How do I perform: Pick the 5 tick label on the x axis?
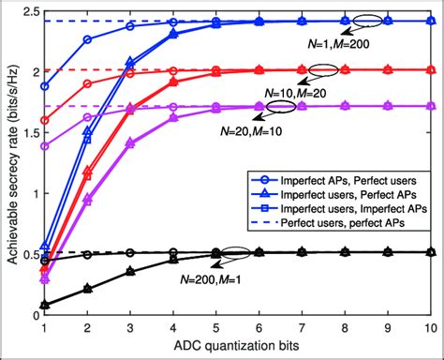tap(216, 329)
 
